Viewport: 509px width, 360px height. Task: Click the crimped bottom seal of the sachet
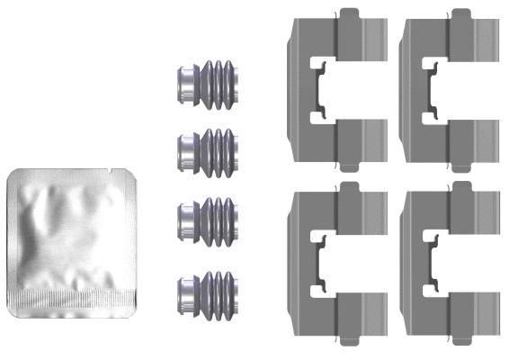[x=72, y=297]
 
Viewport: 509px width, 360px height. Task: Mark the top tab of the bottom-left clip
[x=350, y=188]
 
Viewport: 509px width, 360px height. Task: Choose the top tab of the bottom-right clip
[x=462, y=188]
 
